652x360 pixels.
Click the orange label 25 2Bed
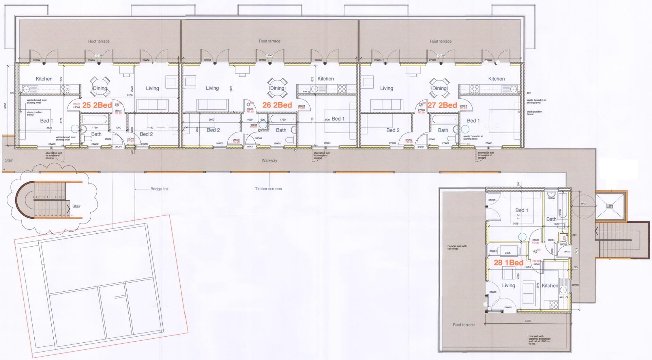point(97,105)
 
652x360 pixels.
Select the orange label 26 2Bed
point(277,105)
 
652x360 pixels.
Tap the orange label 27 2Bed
point(442,105)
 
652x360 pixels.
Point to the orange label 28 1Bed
point(508,263)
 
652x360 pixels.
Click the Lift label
point(610,206)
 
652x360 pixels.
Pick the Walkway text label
point(269,161)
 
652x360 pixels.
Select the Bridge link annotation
point(159,189)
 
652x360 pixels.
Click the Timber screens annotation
point(268,189)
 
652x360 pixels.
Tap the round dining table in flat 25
point(100,86)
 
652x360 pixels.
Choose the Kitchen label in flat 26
point(325,79)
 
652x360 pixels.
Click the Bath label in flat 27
point(443,130)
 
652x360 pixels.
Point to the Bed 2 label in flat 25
point(146,134)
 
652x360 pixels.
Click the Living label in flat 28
point(508,286)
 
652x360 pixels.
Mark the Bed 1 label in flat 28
point(522,210)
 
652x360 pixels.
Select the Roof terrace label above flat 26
point(270,41)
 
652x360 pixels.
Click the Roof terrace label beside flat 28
point(464,325)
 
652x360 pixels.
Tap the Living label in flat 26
point(212,88)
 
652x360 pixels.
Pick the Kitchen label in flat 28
point(550,286)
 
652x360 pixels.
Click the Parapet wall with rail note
point(457,248)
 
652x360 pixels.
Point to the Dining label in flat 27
point(439,88)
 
